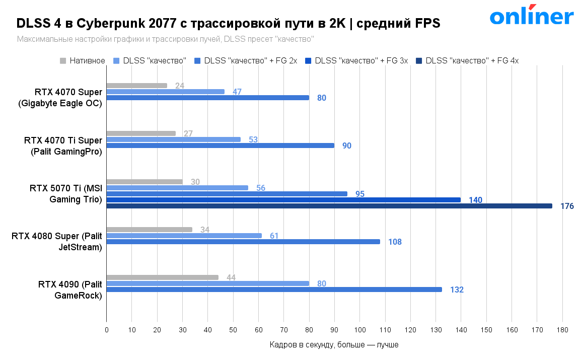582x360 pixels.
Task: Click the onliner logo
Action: click(532, 16)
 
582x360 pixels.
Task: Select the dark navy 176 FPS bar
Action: click(329, 206)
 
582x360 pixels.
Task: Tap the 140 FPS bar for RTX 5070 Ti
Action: click(283, 200)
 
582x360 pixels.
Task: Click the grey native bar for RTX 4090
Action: click(163, 277)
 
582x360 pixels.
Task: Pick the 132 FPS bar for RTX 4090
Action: click(274, 290)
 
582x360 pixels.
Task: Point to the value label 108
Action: click(395, 242)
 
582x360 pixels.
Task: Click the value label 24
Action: click(180, 86)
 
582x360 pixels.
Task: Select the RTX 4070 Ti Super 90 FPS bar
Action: click(221, 146)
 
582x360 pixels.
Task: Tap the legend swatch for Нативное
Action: click(63, 61)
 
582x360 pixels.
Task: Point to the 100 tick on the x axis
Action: click(359, 330)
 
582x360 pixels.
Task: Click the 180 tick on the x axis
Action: click(562, 330)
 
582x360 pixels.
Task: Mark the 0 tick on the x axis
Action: click(107, 330)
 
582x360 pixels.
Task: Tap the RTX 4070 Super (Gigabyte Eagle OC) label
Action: click(60, 98)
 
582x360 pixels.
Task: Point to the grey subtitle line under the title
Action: click(165, 39)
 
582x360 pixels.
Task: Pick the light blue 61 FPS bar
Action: click(184, 236)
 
